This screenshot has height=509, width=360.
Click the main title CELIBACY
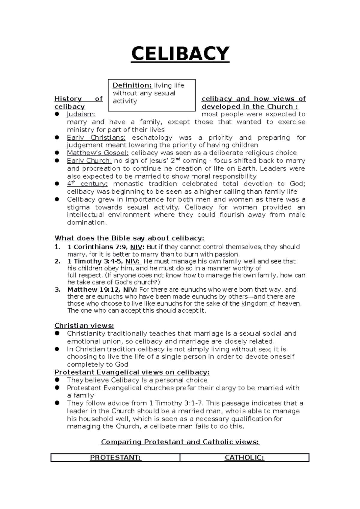click(180, 54)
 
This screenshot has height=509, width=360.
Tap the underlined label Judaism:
click(81, 114)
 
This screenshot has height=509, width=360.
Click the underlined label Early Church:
click(89, 161)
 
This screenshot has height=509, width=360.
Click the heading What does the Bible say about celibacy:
click(129, 238)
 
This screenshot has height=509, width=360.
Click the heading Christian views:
click(84, 326)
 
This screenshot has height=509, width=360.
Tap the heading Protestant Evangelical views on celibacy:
click(132, 372)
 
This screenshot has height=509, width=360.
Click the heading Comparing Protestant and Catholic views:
click(180, 442)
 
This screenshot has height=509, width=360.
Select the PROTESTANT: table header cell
click(115, 458)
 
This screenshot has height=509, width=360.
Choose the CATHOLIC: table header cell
click(244, 458)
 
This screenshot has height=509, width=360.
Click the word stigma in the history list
click(78, 207)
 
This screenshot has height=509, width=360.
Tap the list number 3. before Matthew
click(58, 290)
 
